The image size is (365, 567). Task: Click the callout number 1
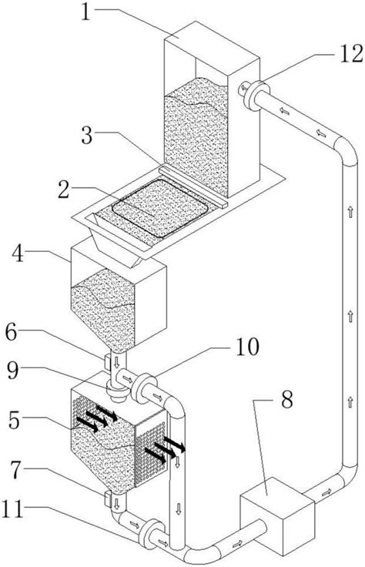[86, 12]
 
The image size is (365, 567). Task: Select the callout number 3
[87, 136]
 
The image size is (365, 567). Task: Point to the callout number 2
[64, 190]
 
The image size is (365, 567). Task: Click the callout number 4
[18, 253]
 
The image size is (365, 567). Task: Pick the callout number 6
[11, 332]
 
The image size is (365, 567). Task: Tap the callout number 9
[13, 371]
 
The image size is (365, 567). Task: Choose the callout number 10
[247, 347]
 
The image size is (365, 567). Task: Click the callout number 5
[14, 420]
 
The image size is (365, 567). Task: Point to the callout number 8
[287, 400]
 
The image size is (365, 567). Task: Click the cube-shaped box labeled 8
[277, 515]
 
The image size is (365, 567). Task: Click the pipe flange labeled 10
[144, 388]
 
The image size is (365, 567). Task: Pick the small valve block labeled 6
[107, 363]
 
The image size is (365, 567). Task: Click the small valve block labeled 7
[107, 498]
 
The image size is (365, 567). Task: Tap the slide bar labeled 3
[194, 186]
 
